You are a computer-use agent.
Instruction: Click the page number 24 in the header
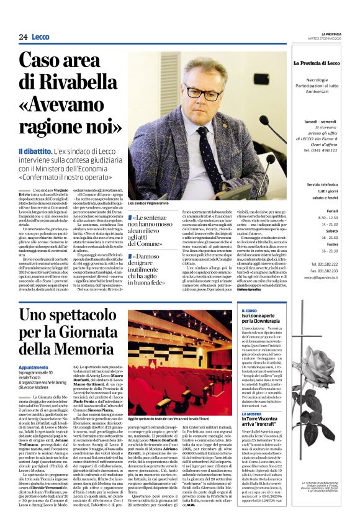click(23, 37)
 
